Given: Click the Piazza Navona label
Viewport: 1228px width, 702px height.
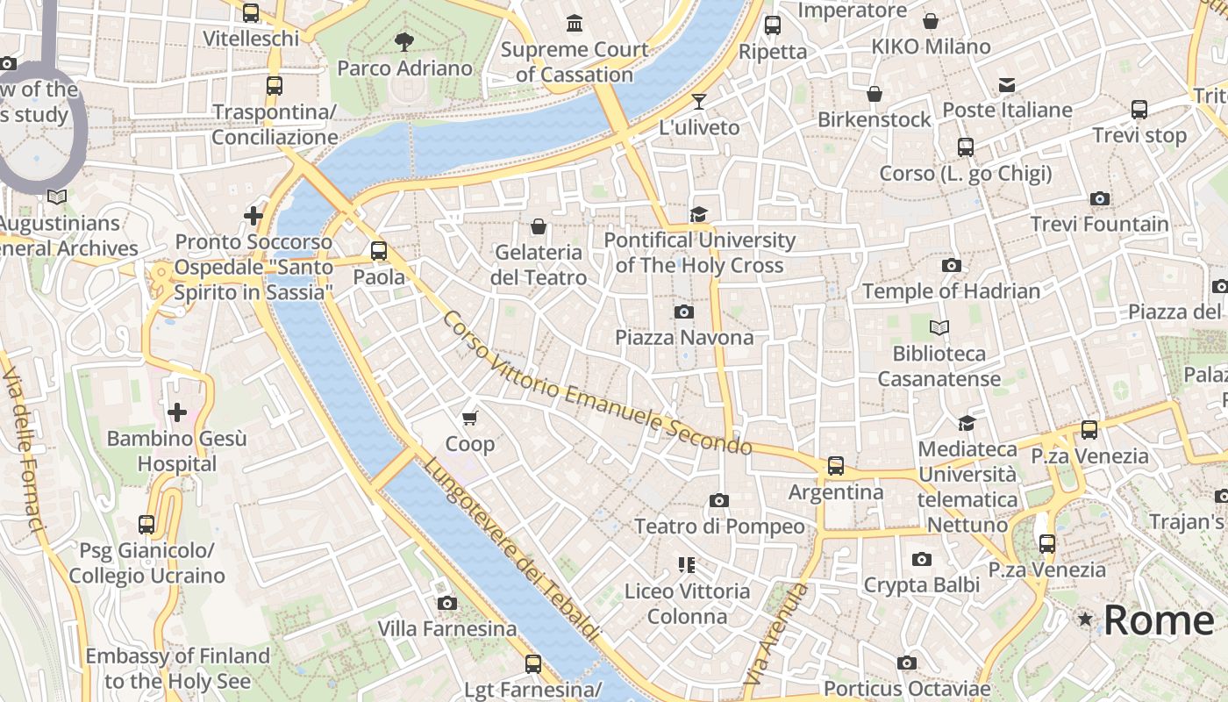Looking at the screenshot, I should click(x=683, y=338).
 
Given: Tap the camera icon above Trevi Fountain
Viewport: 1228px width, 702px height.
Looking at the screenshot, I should click(x=1099, y=199).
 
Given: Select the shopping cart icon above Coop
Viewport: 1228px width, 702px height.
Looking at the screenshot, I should click(x=470, y=419).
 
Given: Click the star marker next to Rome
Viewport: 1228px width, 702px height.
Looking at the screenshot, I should click(x=1086, y=620).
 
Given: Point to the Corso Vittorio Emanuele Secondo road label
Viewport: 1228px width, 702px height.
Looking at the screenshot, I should click(x=596, y=384).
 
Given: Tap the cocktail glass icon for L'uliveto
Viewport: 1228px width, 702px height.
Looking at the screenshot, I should click(x=699, y=102).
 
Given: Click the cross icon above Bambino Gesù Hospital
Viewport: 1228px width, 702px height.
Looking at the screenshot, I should click(x=177, y=412).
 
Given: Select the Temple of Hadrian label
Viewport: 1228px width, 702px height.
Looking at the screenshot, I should click(x=951, y=291).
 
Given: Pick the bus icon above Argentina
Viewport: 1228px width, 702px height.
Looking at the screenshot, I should click(x=836, y=466).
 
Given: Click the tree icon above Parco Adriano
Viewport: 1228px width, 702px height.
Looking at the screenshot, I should click(x=404, y=41).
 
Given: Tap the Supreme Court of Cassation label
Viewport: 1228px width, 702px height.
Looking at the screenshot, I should click(x=575, y=62).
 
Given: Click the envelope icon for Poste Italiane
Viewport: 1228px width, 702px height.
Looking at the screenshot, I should click(x=1007, y=85).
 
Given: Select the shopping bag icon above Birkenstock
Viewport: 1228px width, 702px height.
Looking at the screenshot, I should click(x=875, y=94).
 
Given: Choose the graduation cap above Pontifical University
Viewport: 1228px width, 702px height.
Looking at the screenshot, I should click(x=698, y=215).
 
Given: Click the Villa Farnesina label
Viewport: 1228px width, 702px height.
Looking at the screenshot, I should click(x=447, y=629).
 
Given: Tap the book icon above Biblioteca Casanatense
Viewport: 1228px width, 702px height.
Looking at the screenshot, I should click(x=939, y=328).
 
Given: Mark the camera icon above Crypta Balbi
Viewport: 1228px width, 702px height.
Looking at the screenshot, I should click(x=921, y=560).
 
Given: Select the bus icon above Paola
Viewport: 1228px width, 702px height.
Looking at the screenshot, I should click(x=379, y=251).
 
